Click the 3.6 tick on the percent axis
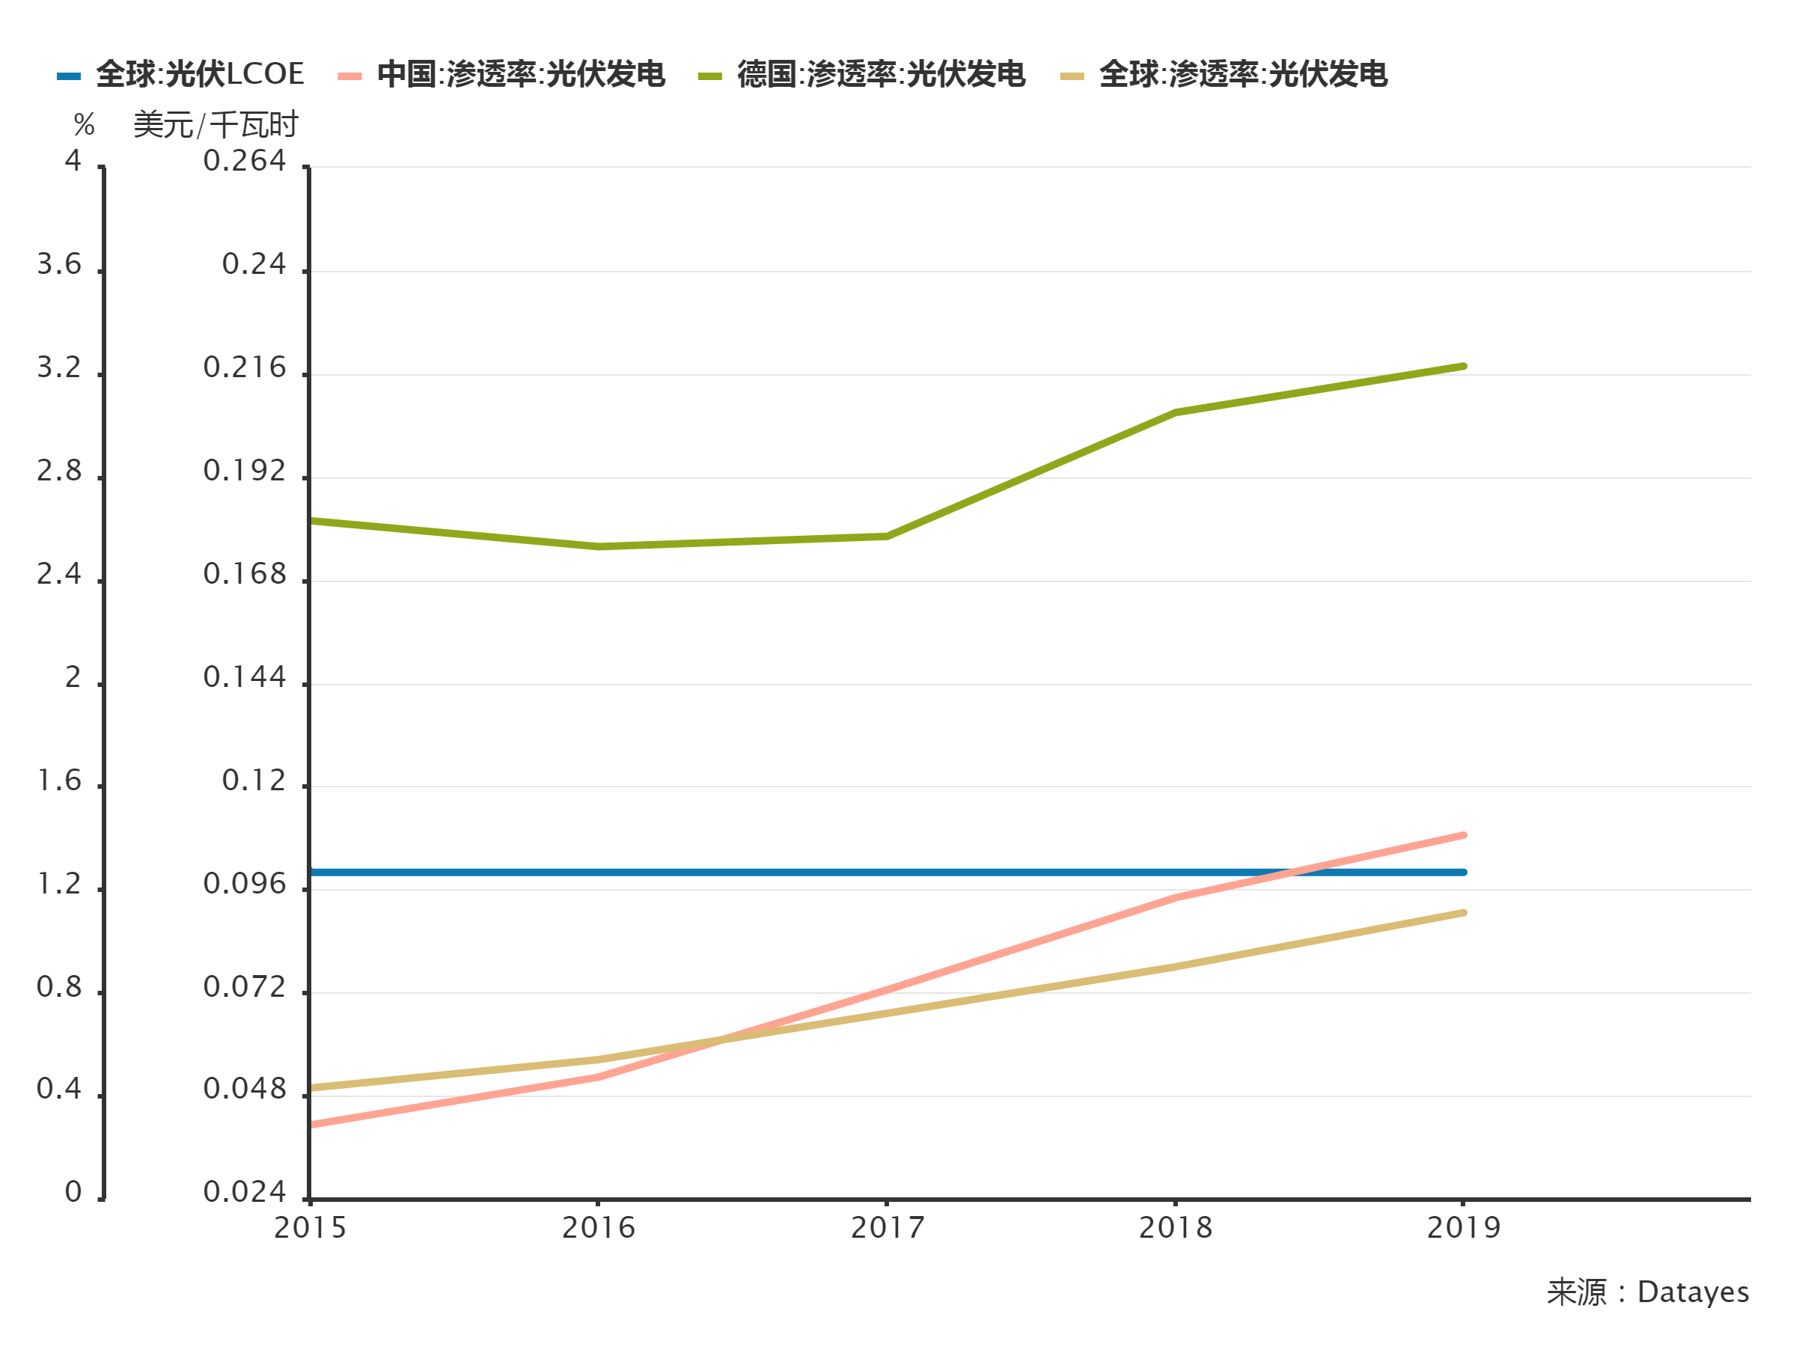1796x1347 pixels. coord(59,265)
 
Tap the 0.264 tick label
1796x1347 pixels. coord(245,162)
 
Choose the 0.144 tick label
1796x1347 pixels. coord(245,677)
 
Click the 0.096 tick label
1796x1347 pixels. coord(245,885)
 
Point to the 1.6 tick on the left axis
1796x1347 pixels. coord(59,781)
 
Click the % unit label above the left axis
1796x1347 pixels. coord(84,126)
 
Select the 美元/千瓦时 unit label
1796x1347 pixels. coord(216,126)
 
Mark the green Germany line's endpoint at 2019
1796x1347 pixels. coord(1463,366)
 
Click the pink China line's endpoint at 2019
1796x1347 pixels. coord(1463,835)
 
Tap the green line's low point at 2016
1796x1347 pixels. coord(599,547)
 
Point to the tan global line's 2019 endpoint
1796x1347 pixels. coord(1463,913)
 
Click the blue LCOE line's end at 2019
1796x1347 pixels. coord(1463,872)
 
